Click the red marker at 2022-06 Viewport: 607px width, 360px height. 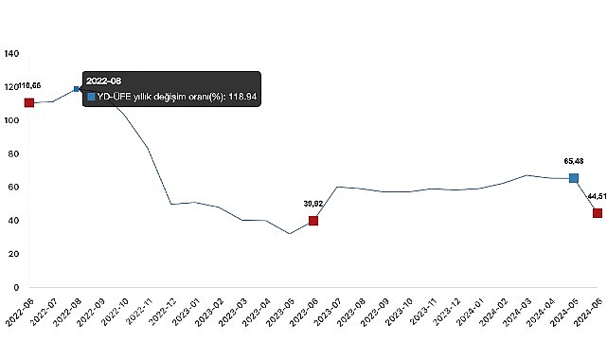[29, 102]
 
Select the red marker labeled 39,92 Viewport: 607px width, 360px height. [312, 221]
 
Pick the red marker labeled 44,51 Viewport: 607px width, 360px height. [598, 213]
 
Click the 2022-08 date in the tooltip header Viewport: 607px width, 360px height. [103, 81]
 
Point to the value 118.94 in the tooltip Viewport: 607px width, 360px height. [240, 98]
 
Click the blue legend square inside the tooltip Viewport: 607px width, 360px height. [91, 98]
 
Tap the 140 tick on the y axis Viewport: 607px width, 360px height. [11, 54]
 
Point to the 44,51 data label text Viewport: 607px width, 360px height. [596, 195]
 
